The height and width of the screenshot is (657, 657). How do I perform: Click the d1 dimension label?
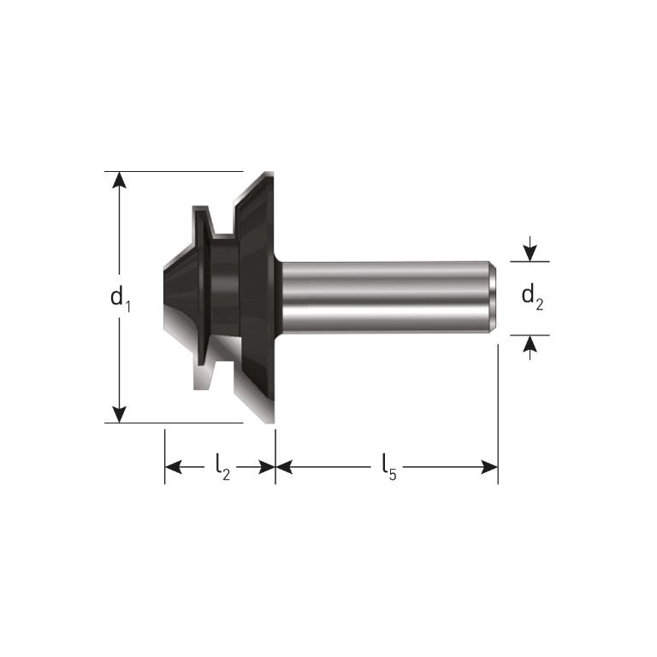coord(120,299)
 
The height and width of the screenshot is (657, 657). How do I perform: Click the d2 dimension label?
coord(532,297)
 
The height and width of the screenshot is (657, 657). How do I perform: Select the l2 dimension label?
coord(221,467)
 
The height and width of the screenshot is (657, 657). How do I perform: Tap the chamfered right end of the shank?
coord(494,297)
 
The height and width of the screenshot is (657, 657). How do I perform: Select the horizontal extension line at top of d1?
coord(171,171)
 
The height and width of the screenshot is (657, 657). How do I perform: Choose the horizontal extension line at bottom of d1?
coord(171,423)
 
